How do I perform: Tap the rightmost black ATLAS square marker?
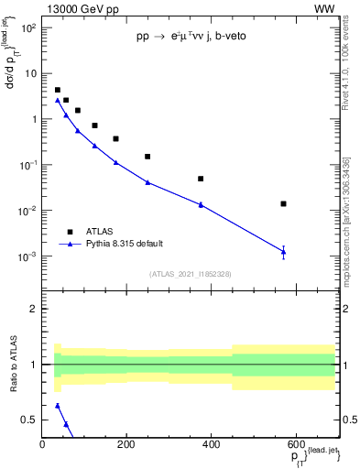pos(284,203)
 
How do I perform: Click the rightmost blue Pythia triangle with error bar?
pos(284,251)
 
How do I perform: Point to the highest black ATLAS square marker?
pos(57,90)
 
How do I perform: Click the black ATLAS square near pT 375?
pos(201,179)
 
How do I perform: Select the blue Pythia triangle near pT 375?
pos(201,204)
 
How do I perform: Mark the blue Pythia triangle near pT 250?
pos(147,182)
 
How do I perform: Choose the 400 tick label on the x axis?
pos(211,446)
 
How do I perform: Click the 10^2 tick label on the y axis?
pos(27,27)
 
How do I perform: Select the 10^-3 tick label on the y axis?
pos(27,256)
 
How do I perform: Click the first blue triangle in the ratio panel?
pos(57,405)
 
